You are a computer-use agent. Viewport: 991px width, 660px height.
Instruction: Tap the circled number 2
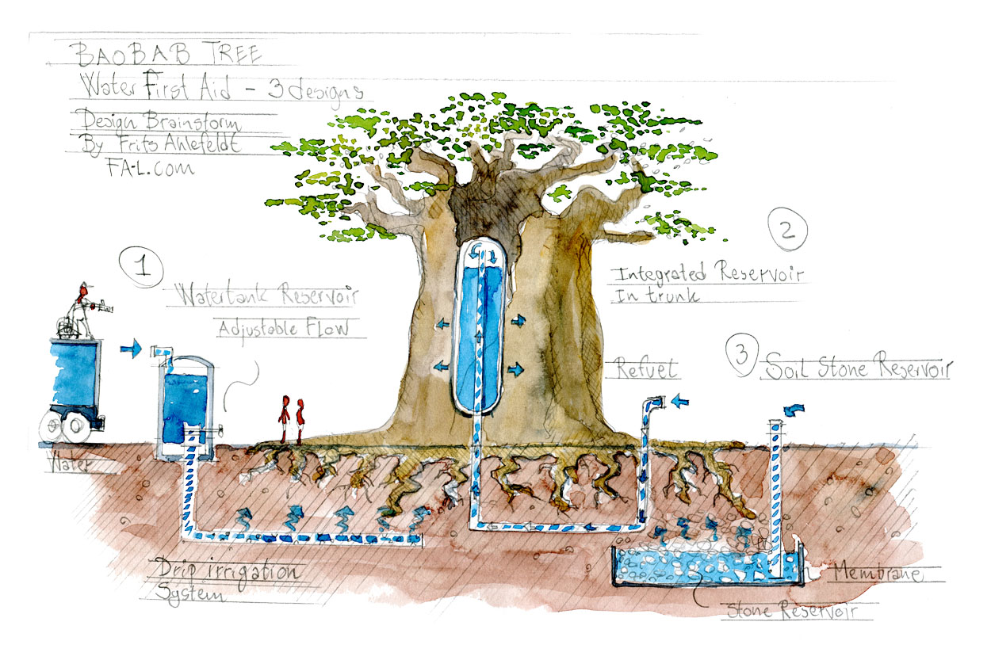787,231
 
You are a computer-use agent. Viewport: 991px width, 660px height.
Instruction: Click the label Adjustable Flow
282,327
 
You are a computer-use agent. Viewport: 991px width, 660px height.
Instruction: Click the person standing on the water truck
82,305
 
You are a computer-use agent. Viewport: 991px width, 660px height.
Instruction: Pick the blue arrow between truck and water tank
131,348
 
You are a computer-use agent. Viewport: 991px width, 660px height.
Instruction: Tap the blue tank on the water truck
75,372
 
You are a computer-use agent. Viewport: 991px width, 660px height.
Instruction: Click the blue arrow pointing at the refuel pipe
680,402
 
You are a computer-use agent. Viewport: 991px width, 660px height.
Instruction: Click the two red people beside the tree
291,419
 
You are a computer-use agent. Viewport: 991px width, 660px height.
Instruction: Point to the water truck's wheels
67,429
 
